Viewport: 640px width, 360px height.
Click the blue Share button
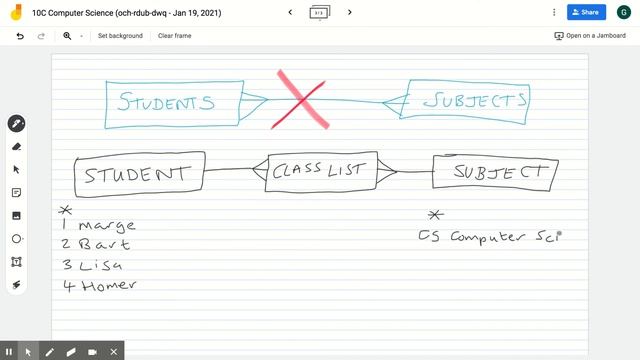(586, 12)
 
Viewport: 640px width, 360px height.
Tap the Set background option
(120, 36)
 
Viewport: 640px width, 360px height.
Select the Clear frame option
(175, 36)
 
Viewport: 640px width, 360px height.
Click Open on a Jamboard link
(590, 36)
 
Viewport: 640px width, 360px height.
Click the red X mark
(303, 98)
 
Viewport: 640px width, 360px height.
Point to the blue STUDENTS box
(173, 102)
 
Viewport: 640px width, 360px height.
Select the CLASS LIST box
(319, 171)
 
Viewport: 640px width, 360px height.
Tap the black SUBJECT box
(494, 172)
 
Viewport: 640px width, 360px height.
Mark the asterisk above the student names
(66, 210)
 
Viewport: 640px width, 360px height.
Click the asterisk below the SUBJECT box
(435, 215)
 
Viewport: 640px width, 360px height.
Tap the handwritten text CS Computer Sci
(490, 237)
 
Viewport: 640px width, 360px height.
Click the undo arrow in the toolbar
(20, 36)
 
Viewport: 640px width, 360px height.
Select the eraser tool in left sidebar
(16, 146)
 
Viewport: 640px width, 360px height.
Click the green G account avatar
(622, 12)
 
